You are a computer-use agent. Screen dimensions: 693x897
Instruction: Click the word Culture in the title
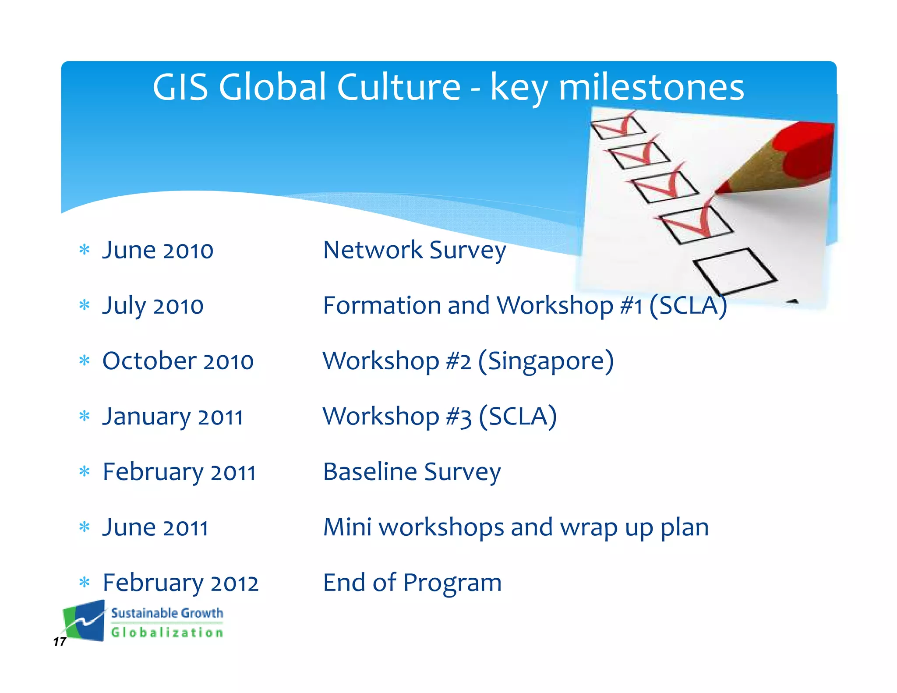pyautogui.click(x=399, y=87)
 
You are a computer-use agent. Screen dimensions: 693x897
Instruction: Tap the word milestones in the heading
pyautogui.click(x=651, y=88)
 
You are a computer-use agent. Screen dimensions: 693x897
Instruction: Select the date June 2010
pyautogui.click(x=158, y=250)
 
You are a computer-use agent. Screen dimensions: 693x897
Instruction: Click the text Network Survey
pyautogui.click(x=414, y=250)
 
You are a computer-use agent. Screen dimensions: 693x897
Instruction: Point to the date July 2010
pyautogui.click(x=153, y=306)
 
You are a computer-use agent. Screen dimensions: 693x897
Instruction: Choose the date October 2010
pyautogui.click(x=178, y=361)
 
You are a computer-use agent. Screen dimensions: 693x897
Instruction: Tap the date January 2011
pyautogui.click(x=173, y=417)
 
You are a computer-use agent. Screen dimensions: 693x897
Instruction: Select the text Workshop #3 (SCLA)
pyautogui.click(x=439, y=416)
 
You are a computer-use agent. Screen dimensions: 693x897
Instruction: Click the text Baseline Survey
pyautogui.click(x=412, y=472)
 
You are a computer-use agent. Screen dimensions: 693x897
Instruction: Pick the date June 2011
pyautogui.click(x=155, y=527)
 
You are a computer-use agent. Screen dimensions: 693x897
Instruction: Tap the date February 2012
pyautogui.click(x=180, y=583)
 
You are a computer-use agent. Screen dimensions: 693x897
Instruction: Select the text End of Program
pyautogui.click(x=412, y=583)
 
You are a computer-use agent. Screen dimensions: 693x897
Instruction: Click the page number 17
pyautogui.click(x=60, y=642)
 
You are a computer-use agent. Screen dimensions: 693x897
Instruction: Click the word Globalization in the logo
pyautogui.click(x=167, y=633)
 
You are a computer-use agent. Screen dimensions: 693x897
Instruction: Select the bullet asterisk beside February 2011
pyautogui.click(x=85, y=472)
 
